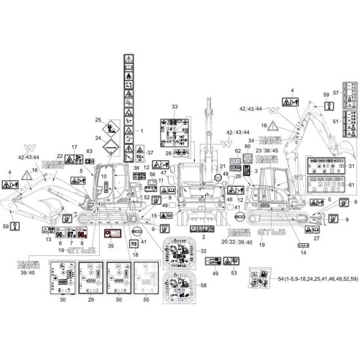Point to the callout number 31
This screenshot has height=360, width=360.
pyautogui.click(x=351, y=166)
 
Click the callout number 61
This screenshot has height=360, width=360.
pyautogui.click(x=351, y=185)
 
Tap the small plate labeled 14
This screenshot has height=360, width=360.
pyautogui.click(x=302, y=245)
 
